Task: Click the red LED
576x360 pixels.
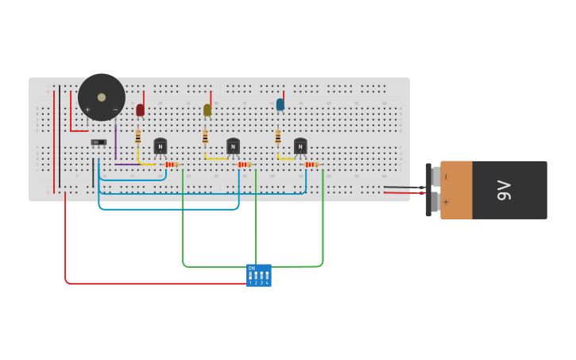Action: [140, 110]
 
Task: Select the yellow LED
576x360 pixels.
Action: [207, 110]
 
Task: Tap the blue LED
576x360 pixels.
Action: [280, 104]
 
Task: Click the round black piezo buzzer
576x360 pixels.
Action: [102, 97]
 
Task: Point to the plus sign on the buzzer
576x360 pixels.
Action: [87, 110]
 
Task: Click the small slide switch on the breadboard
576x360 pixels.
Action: [99, 142]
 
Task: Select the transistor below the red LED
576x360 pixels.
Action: [160, 147]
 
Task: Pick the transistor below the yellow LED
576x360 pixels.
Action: [233, 147]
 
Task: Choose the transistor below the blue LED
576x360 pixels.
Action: [300, 147]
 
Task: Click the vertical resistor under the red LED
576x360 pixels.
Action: [137, 137]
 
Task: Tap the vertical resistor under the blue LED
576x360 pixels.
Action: [278, 137]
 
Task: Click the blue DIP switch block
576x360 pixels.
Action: [258, 275]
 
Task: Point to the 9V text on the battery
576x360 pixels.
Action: [503, 190]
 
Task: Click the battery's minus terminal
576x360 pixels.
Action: [446, 176]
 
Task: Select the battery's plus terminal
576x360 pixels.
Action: [446, 203]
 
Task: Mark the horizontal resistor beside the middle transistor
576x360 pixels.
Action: [244, 165]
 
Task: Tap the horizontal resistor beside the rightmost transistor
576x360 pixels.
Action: [311, 165]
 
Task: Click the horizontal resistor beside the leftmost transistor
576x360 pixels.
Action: [172, 165]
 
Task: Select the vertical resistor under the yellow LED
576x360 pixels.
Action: [205, 137]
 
